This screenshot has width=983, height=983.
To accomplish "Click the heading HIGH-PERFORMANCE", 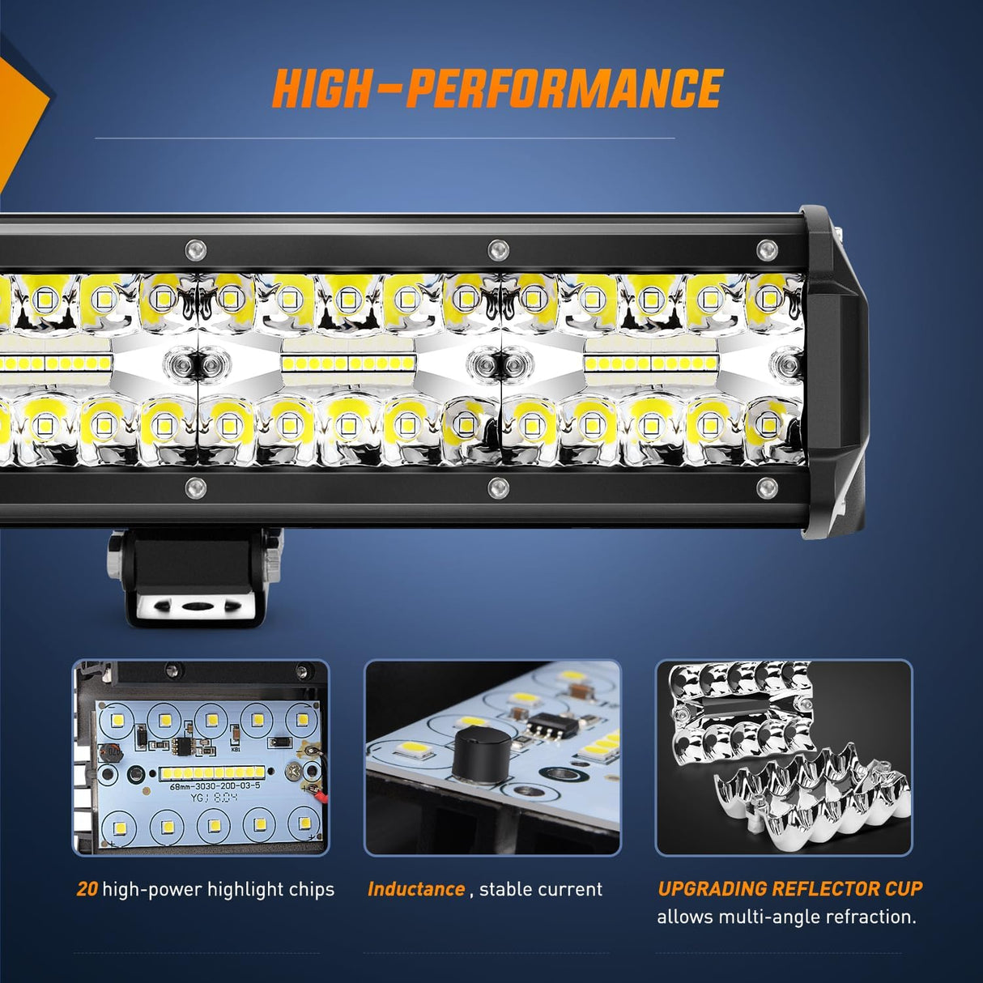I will [x=497, y=89].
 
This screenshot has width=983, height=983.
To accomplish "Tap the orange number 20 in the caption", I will [x=87, y=889].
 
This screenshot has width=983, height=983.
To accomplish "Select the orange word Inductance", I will [x=416, y=889].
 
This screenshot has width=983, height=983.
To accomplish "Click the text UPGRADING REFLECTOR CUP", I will [x=789, y=888].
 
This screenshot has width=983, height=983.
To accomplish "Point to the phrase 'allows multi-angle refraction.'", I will [x=786, y=917].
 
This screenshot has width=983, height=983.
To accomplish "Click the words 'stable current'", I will [x=541, y=889].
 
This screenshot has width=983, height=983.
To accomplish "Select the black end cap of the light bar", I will [x=834, y=364].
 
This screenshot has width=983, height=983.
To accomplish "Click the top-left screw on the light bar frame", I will [x=194, y=249].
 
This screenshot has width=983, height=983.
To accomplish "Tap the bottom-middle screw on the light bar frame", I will [x=498, y=487].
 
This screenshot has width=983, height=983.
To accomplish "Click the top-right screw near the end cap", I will [x=766, y=249].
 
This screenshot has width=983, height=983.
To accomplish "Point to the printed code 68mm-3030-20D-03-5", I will [x=215, y=785].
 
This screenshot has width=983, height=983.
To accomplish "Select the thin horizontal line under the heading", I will [x=385, y=138].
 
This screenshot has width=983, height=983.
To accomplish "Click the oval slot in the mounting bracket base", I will [x=194, y=605].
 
